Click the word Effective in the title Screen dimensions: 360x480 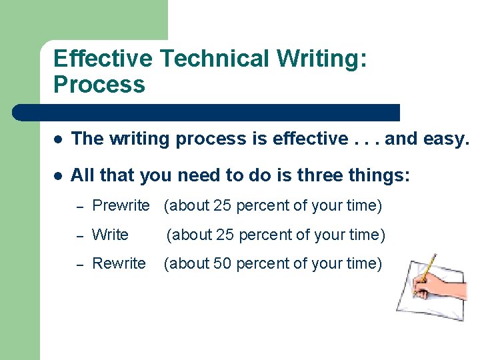pos(103,59)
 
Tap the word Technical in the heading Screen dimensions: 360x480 pos(215,59)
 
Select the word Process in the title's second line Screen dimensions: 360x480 pos(99,85)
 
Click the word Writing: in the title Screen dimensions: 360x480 pos(322,59)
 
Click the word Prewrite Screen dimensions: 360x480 pos(121,206)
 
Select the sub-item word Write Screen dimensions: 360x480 pos(110,235)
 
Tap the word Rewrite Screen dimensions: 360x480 pos(119,263)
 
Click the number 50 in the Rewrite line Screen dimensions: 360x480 pos(223,264)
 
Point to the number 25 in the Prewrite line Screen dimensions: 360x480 pos(223,206)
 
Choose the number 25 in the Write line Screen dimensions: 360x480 pos(225,235)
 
